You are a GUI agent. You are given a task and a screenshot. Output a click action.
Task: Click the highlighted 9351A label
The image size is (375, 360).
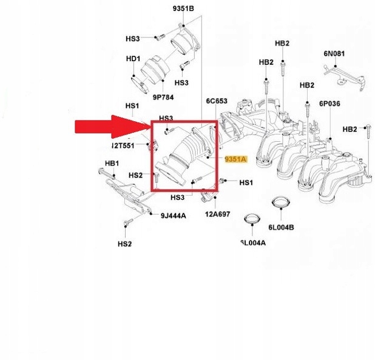pyautogui.click(x=236, y=159)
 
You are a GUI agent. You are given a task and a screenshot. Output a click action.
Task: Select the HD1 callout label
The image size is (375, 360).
pyautogui.click(x=133, y=59)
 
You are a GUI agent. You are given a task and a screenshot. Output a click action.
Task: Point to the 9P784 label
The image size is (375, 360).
pyautogui.click(x=163, y=96)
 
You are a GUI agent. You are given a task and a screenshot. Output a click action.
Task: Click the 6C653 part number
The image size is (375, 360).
pyautogui.click(x=215, y=101)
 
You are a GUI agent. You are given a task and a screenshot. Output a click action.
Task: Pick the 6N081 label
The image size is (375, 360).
pyautogui.click(x=334, y=54)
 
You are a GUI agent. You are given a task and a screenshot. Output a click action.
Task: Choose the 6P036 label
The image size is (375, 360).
pyautogui.click(x=329, y=104)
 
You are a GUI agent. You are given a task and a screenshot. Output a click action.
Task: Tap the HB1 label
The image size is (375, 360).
pyautogui.click(x=113, y=164)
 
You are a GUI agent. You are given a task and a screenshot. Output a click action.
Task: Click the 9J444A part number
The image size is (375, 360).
pyautogui.click(x=174, y=215)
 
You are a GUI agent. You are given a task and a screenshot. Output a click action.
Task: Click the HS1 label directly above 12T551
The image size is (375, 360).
pyautogui.click(x=132, y=106)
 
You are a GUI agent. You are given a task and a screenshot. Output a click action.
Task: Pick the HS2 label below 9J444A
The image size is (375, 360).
pyautogui.click(x=124, y=244)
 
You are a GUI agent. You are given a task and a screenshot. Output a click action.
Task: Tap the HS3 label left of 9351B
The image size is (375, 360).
pyautogui.click(x=133, y=39)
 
